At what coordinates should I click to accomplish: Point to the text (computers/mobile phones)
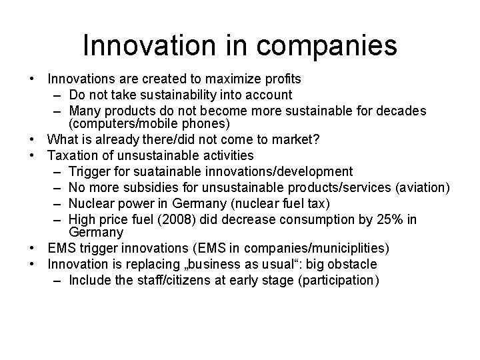coord(141,125)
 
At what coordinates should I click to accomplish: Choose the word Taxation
coord(74,155)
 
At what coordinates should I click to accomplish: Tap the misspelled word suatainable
coord(154,171)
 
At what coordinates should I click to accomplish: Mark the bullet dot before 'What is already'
coord(32,140)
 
